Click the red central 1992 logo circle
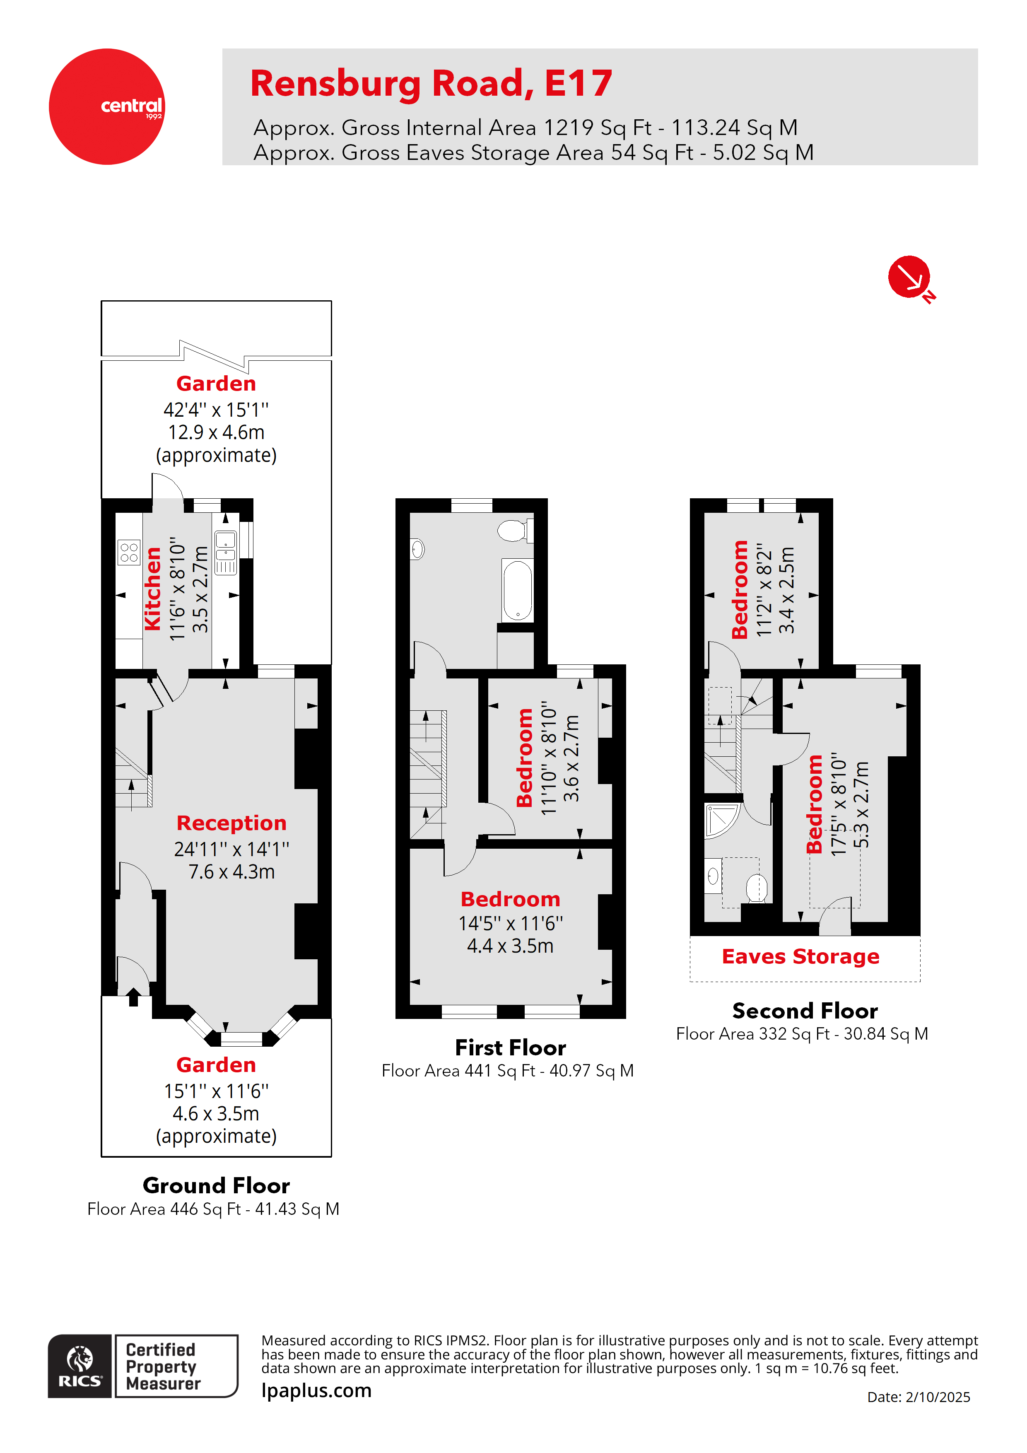[x=107, y=106]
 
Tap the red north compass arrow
[x=909, y=277]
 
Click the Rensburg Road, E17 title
[x=431, y=84]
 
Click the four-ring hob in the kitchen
[x=129, y=552]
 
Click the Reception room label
[x=231, y=823]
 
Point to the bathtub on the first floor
[x=518, y=590]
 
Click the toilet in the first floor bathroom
[x=513, y=530]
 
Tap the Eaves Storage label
[x=800, y=956]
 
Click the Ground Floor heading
[x=217, y=1185]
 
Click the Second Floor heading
[x=805, y=1011]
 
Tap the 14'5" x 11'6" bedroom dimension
[x=510, y=923]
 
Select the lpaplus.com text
[x=316, y=1390]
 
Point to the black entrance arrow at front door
[x=133, y=997]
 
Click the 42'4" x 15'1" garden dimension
[x=216, y=410]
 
